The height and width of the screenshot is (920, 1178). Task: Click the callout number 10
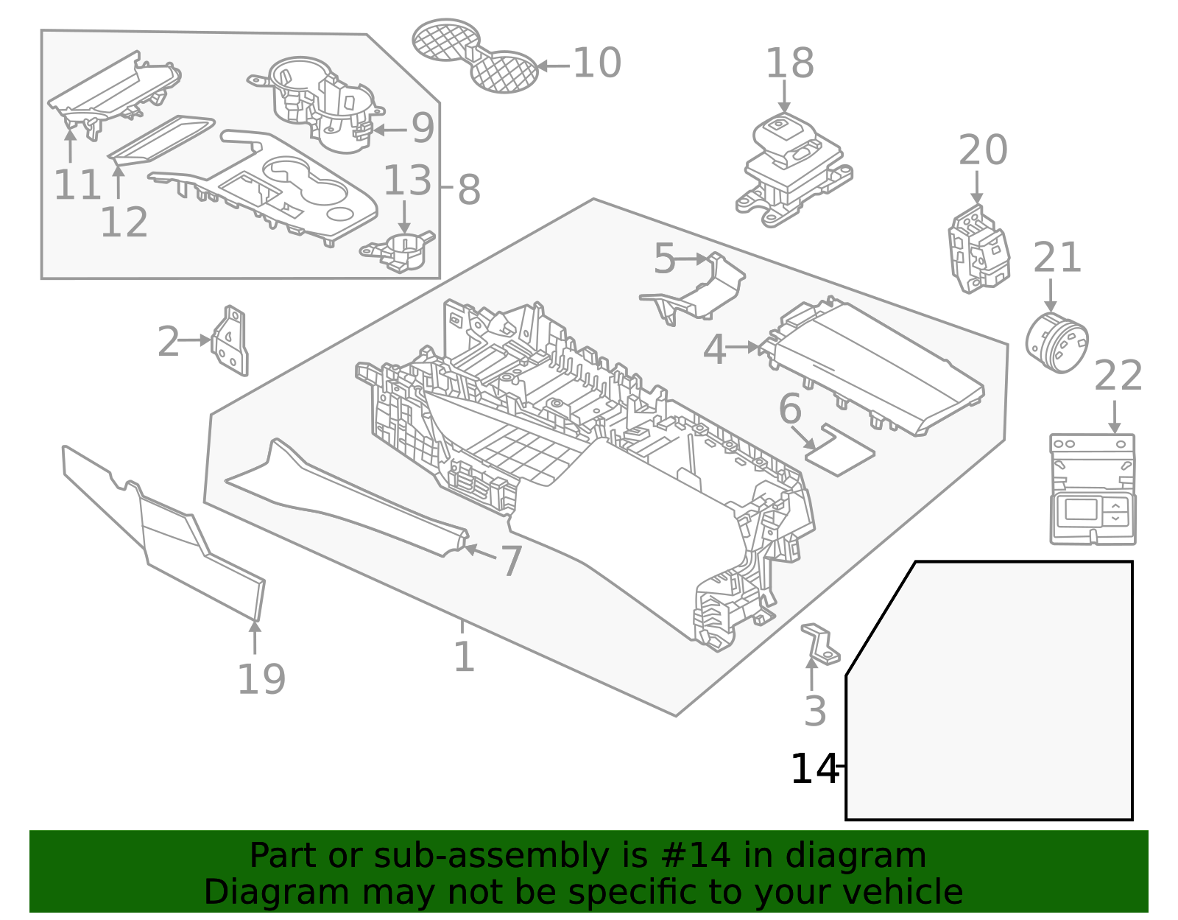coord(596,63)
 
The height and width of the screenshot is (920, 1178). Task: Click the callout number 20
coord(982,151)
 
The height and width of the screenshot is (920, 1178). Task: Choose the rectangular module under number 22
coord(1093,490)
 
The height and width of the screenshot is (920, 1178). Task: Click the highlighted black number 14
coord(814,769)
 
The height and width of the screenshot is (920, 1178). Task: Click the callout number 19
coord(261,679)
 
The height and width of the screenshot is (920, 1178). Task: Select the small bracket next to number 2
coord(231,341)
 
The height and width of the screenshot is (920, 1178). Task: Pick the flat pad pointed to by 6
coord(840,450)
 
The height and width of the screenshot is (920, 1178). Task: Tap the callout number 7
coord(512,562)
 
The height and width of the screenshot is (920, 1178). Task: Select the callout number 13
coord(407,181)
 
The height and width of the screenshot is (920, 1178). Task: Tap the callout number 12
coord(124,222)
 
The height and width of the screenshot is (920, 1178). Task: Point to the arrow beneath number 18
coord(784,96)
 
